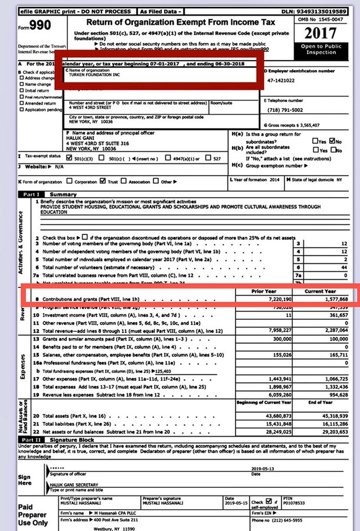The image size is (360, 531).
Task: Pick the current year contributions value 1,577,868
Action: point(323,300)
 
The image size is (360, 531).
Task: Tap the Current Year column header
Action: point(321,291)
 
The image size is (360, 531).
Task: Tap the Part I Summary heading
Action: point(50,194)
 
